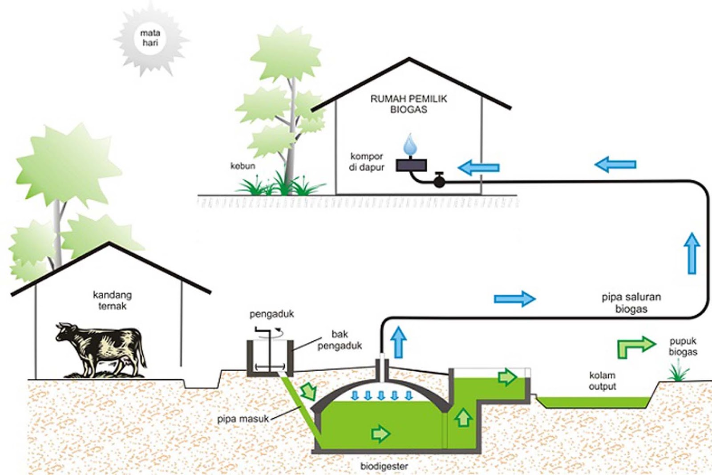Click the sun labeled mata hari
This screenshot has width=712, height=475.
pos(150,38)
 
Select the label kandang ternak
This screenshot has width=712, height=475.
pos(112,300)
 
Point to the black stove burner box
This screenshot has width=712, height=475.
pos(411,165)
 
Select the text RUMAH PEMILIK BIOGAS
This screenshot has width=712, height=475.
pos(409,104)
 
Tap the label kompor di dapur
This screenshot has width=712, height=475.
pos(366,162)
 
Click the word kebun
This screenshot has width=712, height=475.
pos(243,166)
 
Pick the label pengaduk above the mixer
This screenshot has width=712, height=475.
pos(271,314)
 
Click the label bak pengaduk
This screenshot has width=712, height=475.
pos(340,340)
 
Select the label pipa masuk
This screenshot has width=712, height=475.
pos(243,419)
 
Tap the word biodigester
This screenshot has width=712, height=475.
pos(384,467)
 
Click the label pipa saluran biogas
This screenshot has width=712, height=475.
pos(631,303)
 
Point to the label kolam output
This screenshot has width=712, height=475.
pos(602,381)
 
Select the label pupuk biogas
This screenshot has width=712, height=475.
pos(683,346)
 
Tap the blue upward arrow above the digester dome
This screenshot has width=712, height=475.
pos(399,342)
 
